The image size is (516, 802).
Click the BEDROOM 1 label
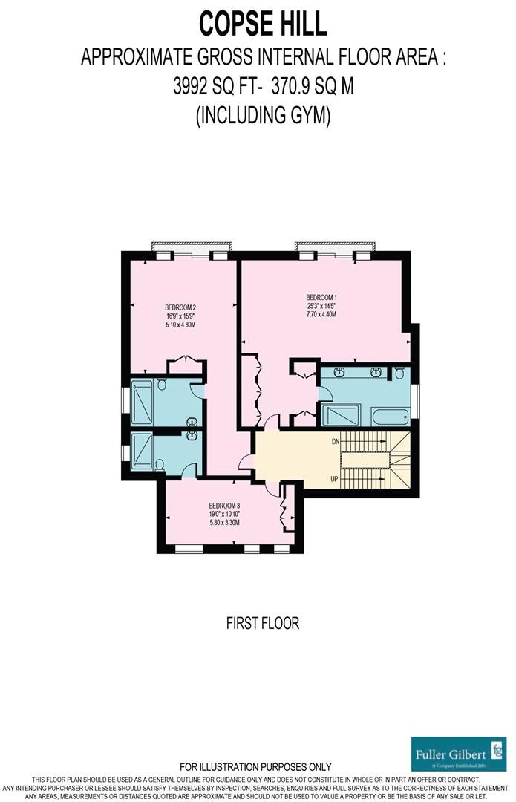click(x=321, y=295)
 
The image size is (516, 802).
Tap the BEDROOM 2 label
click(x=180, y=307)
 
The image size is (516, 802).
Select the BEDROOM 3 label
click(x=223, y=504)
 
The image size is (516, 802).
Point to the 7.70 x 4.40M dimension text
click(x=321, y=314)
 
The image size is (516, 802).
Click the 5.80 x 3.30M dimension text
click(x=223, y=523)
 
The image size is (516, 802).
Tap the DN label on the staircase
click(x=335, y=441)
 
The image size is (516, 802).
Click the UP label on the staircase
click(x=334, y=479)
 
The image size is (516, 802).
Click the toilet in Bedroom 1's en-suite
click(x=399, y=372)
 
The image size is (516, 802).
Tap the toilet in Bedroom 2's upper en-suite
click(x=161, y=384)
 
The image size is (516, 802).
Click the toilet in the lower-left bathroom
click(x=160, y=466)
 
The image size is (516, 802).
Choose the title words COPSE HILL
click(x=263, y=24)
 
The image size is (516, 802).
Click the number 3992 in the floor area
click(x=190, y=87)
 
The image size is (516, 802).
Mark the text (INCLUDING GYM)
click(x=263, y=116)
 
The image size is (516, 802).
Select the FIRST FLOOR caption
click(x=263, y=623)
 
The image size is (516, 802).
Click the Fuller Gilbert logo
click(x=459, y=754)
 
